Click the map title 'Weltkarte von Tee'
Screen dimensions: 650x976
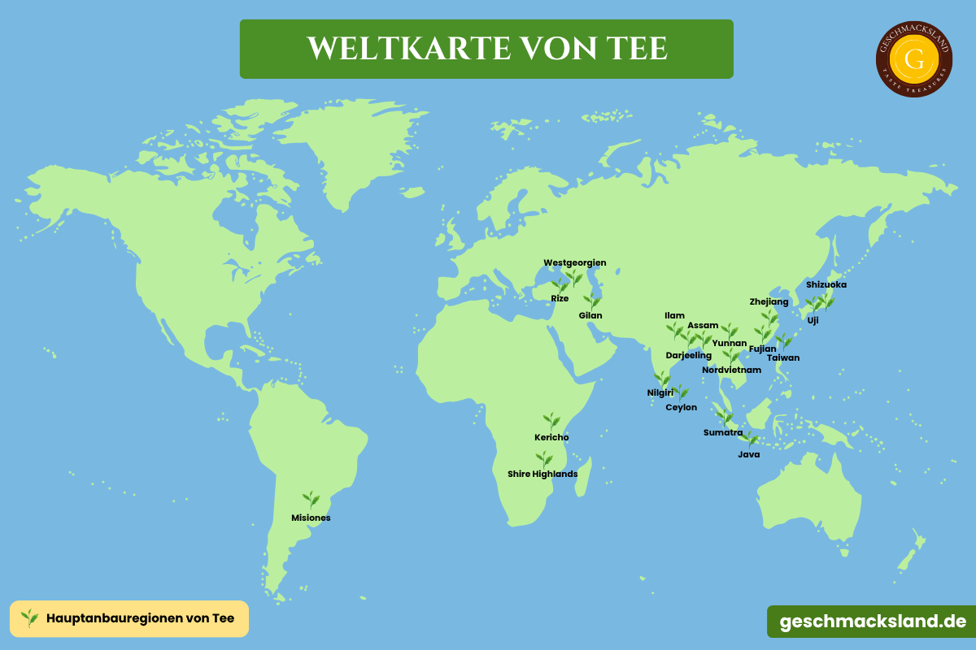[486, 49]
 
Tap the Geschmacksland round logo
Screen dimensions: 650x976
[914, 58]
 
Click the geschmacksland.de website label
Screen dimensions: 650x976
[873, 622]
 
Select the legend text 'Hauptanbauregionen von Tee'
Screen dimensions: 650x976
[141, 618]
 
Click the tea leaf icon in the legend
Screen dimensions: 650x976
[30, 618]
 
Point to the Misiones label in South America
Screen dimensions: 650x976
[311, 518]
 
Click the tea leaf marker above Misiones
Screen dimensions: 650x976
[311, 500]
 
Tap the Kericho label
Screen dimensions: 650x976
[551, 437]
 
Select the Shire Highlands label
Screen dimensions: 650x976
[542, 474]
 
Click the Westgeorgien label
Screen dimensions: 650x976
[575, 262]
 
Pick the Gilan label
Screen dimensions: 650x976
[590, 315]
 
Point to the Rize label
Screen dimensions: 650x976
[560, 298]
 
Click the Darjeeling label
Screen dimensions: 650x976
[688, 355]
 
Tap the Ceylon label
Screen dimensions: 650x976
[682, 407]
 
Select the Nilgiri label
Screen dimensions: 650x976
[660, 392]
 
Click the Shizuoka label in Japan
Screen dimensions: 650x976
[826, 284]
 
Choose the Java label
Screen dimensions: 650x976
[748, 454]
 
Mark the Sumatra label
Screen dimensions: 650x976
[722, 432]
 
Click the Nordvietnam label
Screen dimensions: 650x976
[731, 370]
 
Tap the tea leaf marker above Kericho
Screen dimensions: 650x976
[552, 421]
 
